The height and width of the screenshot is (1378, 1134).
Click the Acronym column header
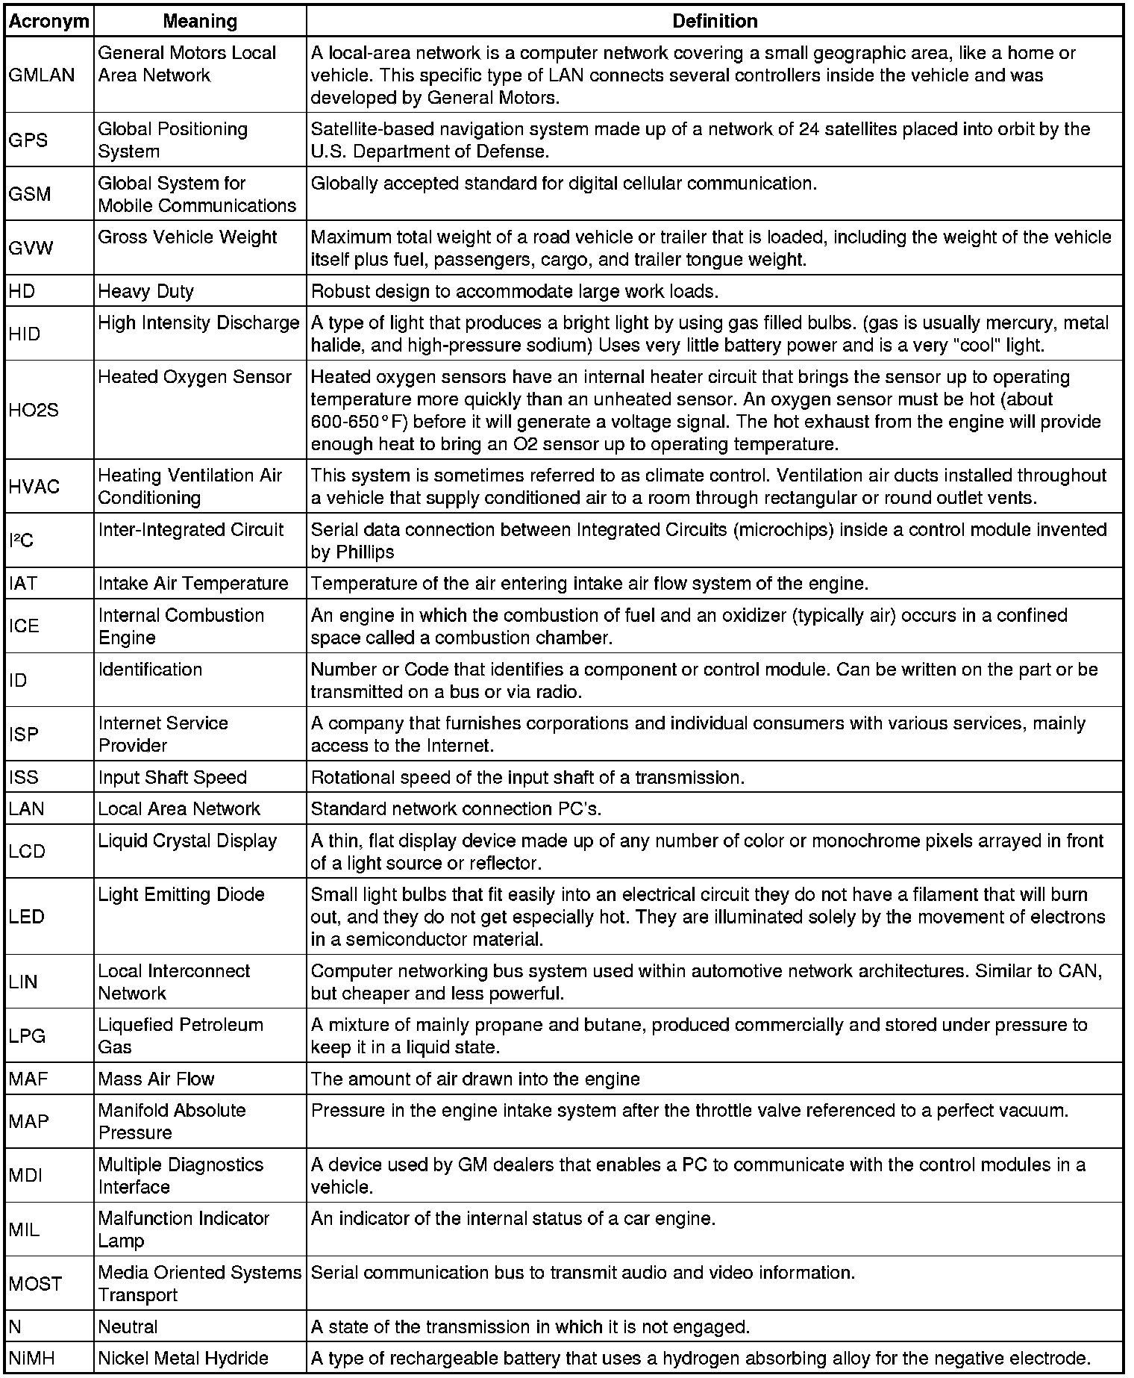click(48, 22)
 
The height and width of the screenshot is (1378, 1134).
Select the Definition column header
click(714, 22)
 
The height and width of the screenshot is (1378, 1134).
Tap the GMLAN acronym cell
click(42, 75)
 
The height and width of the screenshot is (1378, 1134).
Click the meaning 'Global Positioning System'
click(172, 140)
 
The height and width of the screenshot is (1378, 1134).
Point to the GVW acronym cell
click(31, 248)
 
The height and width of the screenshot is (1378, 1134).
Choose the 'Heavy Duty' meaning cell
click(145, 291)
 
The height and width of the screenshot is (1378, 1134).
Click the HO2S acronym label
click(34, 410)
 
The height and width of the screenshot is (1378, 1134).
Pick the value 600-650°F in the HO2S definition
click(357, 422)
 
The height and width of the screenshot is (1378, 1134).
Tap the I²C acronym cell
click(22, 540)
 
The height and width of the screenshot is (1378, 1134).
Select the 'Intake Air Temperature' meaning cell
click(192, 584)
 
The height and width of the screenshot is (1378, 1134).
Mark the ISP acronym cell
click(24, 735)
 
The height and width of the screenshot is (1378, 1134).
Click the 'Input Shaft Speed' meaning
click(172, 778)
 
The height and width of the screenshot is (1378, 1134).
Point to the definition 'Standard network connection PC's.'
click(456, 809)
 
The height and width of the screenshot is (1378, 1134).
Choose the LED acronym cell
click(26, 917)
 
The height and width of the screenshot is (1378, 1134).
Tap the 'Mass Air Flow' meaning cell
click(156, 1079)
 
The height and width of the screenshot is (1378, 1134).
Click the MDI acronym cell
click(25, 1176)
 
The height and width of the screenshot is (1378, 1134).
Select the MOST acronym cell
click(35, 1284)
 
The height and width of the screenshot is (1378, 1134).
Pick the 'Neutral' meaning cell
click(128, 1327)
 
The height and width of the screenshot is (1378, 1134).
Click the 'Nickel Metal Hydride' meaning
click(183, 1359)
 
